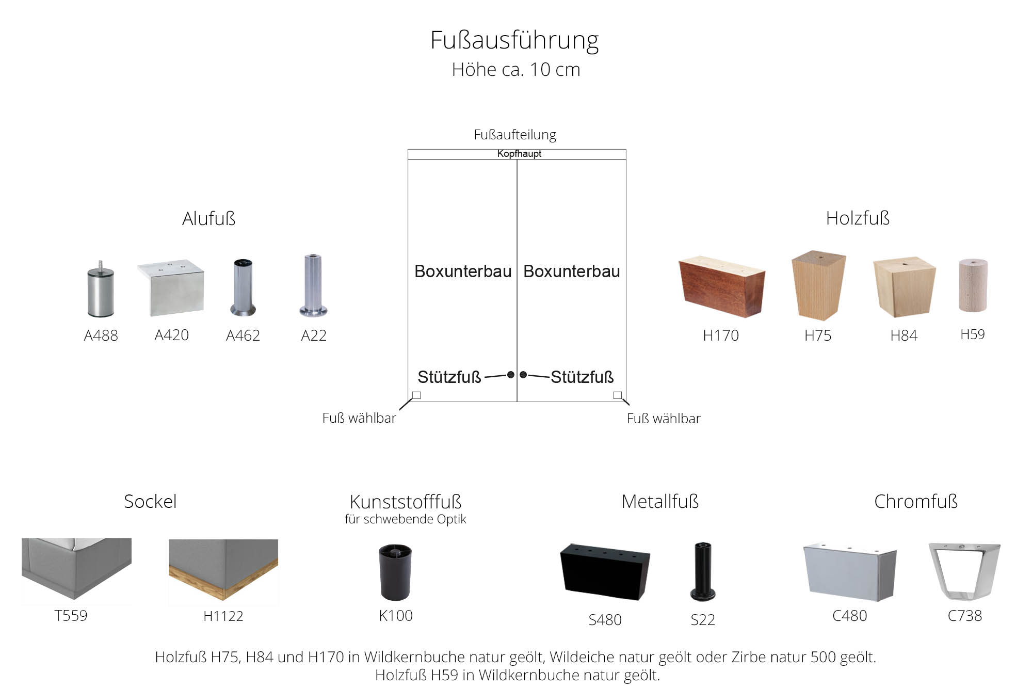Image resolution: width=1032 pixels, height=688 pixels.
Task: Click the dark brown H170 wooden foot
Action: pyautogui.click(x=721, y=286)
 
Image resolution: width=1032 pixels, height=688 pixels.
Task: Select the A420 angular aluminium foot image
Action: pyautogui.click(x=171, y=287)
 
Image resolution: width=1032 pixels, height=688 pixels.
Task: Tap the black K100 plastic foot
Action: pyautogui.click(x=395, y=572)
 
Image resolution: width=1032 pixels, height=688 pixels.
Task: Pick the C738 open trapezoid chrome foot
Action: pyautogui.click(x=964, y=570)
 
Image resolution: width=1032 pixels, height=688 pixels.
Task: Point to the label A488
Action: pyautogui.click(x=101, y=336)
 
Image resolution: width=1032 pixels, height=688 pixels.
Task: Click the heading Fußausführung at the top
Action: pyautogui.click(x=514, y=40)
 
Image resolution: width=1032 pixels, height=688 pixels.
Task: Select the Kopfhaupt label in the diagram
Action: pyautogui.click(x=519, y=154)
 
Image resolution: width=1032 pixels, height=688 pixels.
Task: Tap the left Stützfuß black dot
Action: pyautogui.click(x=511, y=375)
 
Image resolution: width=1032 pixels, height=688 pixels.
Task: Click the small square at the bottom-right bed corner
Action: pyautogui.click(x=617, y=395)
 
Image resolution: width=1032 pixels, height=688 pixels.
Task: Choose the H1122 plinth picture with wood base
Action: pyautogui.click(x=223, y=569)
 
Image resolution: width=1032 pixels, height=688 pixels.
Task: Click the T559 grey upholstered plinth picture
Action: pyautogui.click(x=76, y=568)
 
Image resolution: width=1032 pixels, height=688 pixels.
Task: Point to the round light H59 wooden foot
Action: pyautogui.click(x=973, y=285)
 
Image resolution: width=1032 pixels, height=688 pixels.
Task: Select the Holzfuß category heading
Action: pyautogui.click(x=858, y=218)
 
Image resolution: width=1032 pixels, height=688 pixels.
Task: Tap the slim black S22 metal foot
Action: pyautogui.click(x=703, y=571)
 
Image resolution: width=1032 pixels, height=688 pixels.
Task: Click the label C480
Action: pyautogui.click(x=849, y=616)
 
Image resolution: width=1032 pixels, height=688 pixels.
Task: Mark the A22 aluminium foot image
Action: pyautogui.click(x=313, y=285)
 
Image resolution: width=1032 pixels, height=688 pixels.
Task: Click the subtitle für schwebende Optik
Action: pyautogui.click(x=405, y=519)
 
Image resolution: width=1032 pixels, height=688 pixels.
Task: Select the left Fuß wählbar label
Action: pyautogui.click(x=359, y=418)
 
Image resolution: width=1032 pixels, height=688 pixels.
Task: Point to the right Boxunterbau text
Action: pyautogui.click(x=572, y=271)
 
